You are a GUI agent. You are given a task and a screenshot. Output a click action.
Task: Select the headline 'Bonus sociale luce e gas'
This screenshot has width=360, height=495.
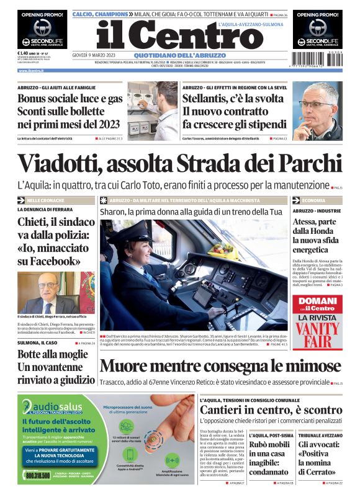click(70, 99)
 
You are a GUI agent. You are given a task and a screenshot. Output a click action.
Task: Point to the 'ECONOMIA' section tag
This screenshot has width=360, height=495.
click(313, 201)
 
